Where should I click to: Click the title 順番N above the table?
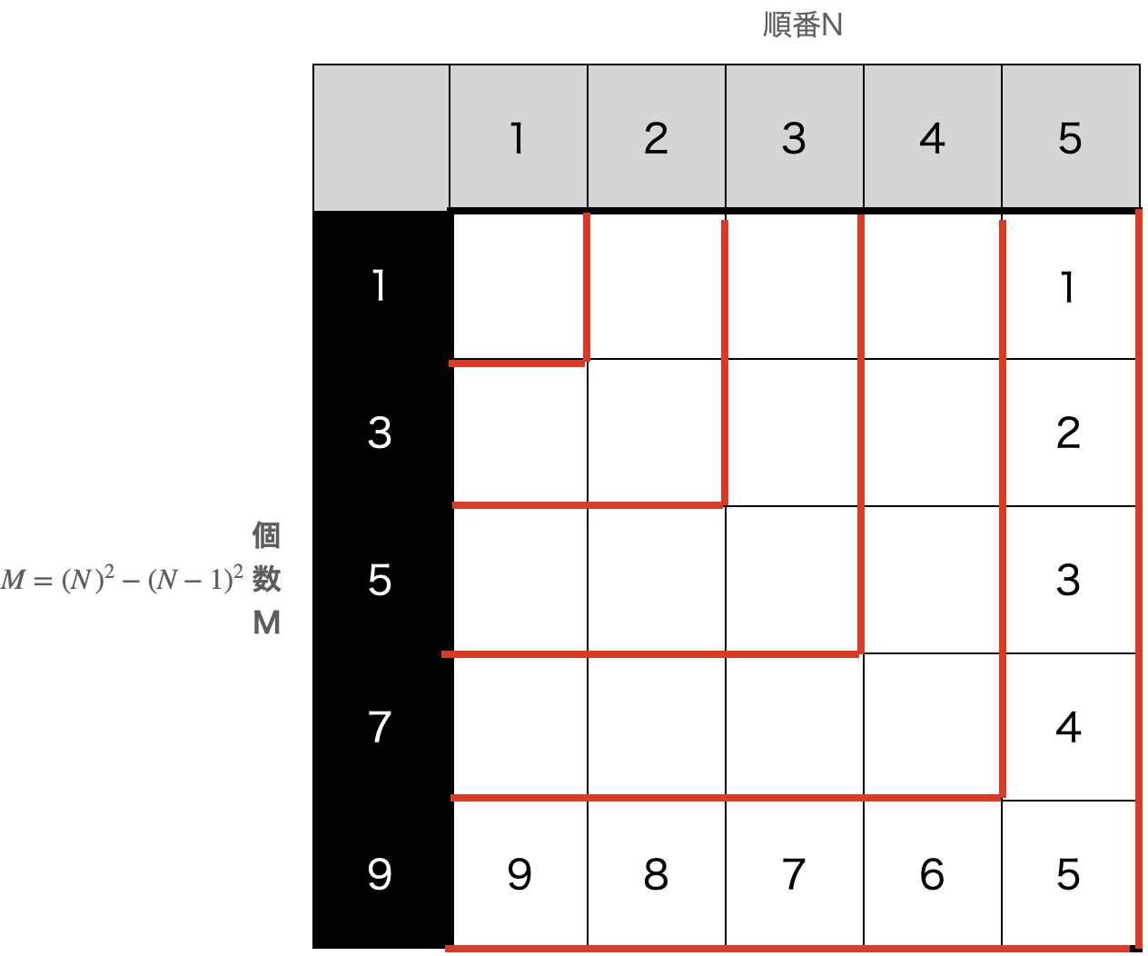[802, 25]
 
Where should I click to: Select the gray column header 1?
[518, 137]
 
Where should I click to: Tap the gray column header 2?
[657, 137]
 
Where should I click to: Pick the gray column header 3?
[795, 137]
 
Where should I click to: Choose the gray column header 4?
[933, 137]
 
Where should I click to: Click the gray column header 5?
[1071, 137]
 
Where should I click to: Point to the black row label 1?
[381, 285]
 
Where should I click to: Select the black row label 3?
[381, 433]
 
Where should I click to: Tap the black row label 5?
[381, 580]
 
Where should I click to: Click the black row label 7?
[381, 727]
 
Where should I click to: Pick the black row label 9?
[381, 874]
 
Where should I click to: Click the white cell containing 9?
[519, 874]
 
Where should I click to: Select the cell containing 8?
[657, 874]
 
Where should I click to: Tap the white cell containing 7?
[795, 874]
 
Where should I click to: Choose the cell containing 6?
[933, 874]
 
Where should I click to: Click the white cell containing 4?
[1069, 727]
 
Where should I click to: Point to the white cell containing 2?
[1069, 433]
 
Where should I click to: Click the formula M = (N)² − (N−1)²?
[122, 579]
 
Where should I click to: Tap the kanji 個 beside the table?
[267, 535]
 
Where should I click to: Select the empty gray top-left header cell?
[381, 137]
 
